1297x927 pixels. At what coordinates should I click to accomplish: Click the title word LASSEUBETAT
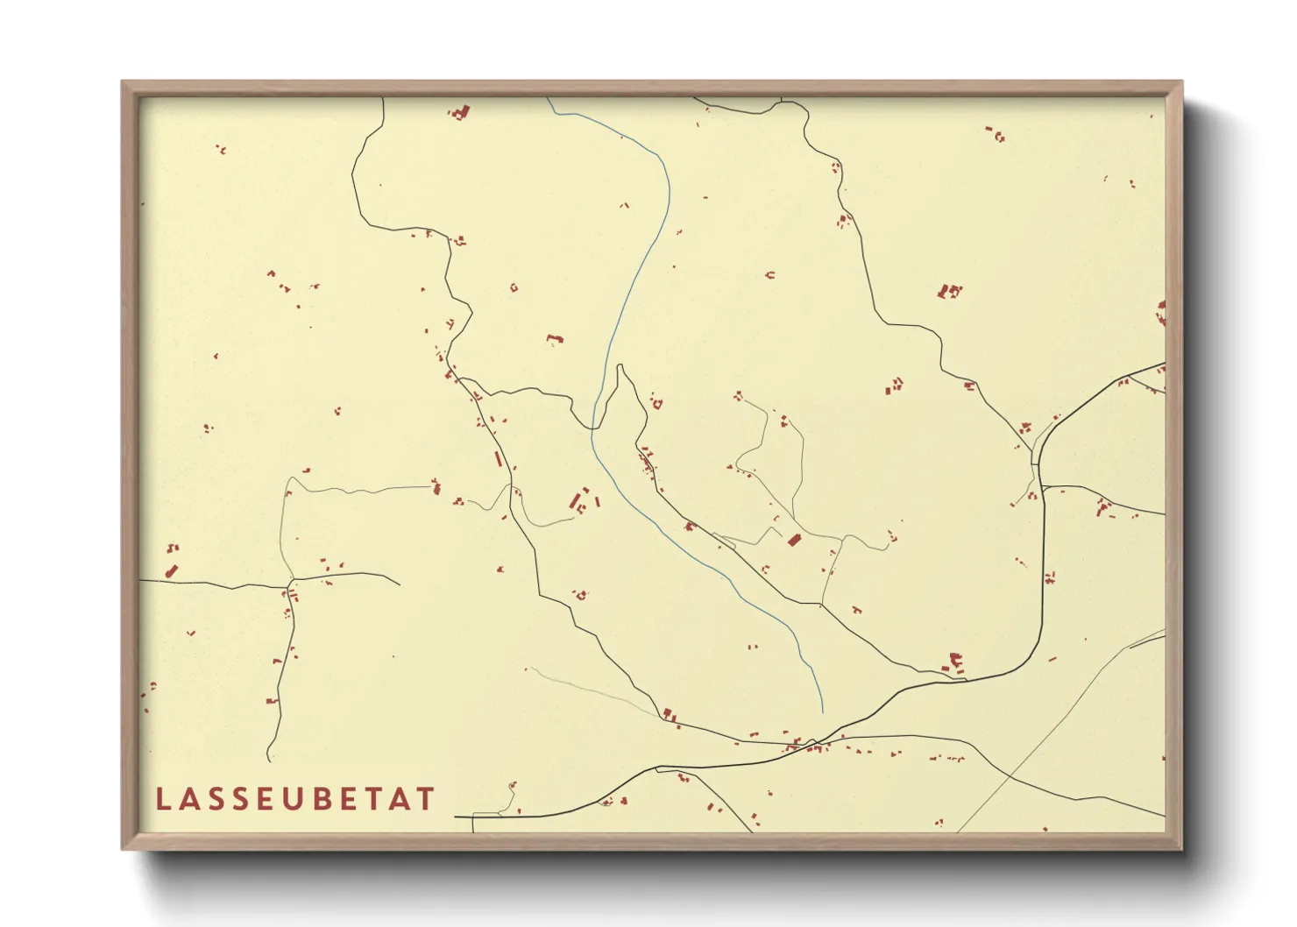pos(295,799)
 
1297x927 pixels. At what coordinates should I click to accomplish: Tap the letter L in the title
pos(163,799)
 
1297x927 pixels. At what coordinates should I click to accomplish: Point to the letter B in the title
pos(321,799)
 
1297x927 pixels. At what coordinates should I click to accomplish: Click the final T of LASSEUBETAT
pos(426,799)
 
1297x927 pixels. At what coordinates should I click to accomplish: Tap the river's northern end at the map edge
pos(549,99)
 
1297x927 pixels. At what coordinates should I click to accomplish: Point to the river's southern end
pos(822,711)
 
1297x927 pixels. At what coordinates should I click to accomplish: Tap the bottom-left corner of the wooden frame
pos(124,847)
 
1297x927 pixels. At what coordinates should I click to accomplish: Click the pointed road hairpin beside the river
pos(620,366)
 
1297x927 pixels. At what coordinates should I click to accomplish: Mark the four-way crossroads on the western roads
pos(291,581)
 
